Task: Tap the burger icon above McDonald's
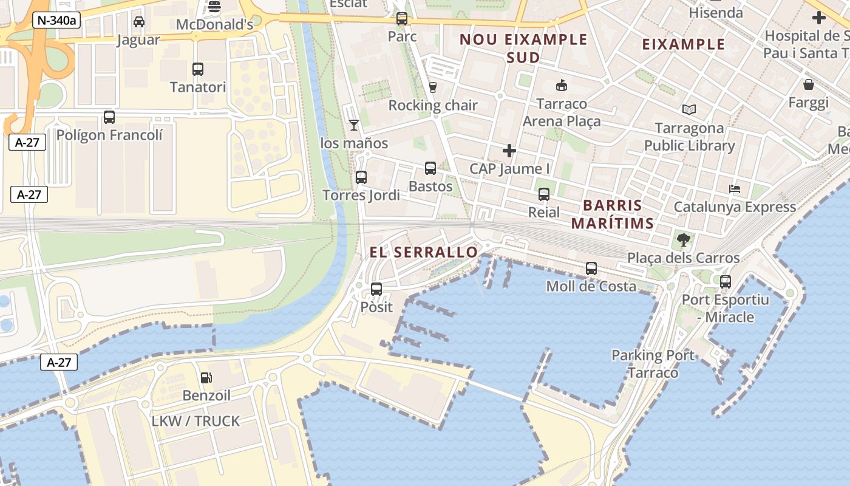(x=214, y=7)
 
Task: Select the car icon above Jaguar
(x=138, y=22)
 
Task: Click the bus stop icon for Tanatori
(x=198, y=69)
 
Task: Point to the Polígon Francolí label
(x=109, y=135)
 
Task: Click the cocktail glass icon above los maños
(x=354, y=125)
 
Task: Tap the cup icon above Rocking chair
(x=432, y=87)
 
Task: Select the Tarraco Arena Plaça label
(x=562, y=112)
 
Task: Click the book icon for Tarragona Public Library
(x=689, y=110)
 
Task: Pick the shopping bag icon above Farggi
(x=808, y=84)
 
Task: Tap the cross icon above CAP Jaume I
(x=509, y=150)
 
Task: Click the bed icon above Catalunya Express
(x=735, y=189)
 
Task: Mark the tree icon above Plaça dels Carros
(x=684, y=239)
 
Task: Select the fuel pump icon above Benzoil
(x=206, y=378)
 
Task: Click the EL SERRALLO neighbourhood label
(x=424, y=252)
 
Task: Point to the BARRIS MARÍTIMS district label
(x=612, y=214)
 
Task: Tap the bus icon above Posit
(x=376, y=289)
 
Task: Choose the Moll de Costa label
(x=591, y=286)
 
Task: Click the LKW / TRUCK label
(x=195, y=421)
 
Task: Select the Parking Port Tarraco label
(x=653, y=363)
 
